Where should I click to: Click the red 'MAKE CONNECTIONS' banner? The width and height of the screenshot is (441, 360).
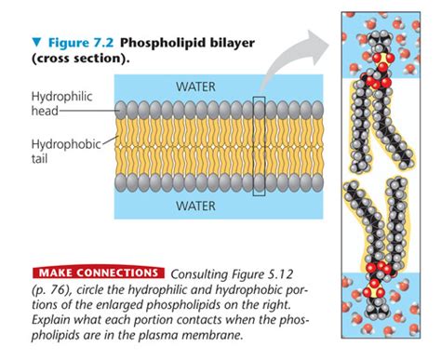[98, 273]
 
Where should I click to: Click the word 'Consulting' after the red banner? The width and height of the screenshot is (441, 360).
[201, 273]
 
